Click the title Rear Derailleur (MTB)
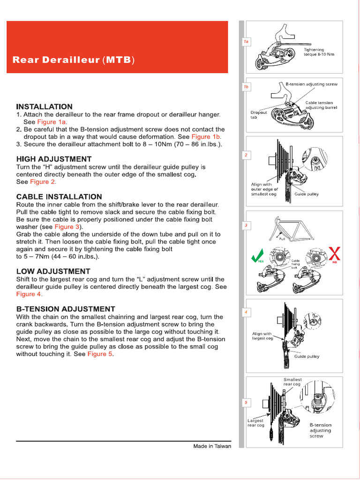coord(74,60)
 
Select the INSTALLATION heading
coord(45,106)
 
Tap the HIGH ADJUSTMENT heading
coord(54,159)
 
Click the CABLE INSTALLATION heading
coord(59,196)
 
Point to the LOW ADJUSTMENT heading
coord(53,271)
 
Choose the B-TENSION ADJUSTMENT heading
coord(66,309)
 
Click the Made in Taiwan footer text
coord(212,446)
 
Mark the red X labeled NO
coord(334,255)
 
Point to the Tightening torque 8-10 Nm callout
coord(319,52)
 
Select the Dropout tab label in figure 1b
coord(259,115)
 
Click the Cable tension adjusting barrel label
coord(321,105)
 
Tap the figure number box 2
coord(246,155)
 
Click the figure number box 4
coord(246,312)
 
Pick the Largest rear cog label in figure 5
coord(256,423)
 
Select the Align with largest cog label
coord(262,336)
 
